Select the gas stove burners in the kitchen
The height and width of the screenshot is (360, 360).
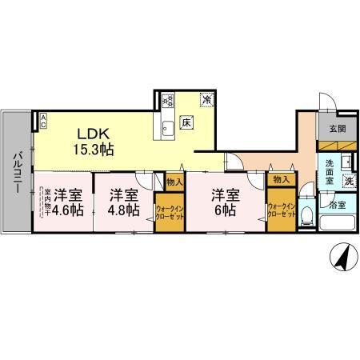(x=168, y=101)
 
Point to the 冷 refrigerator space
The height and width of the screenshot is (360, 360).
(x=206, y=101)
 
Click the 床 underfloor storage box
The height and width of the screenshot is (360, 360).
(x=186, y=122)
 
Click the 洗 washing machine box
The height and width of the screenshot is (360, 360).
(x=350, y=182)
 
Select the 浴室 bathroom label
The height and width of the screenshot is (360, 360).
(x=338, y=205)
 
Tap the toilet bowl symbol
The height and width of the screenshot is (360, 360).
(x=307, y=212)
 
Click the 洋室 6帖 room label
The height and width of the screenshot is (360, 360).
(x=225, y=202)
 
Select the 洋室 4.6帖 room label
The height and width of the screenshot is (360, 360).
(x=69, y=202)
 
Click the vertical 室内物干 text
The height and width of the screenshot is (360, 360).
(x=47, y=204)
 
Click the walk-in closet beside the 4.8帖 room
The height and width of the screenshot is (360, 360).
(x=170, y=212)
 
